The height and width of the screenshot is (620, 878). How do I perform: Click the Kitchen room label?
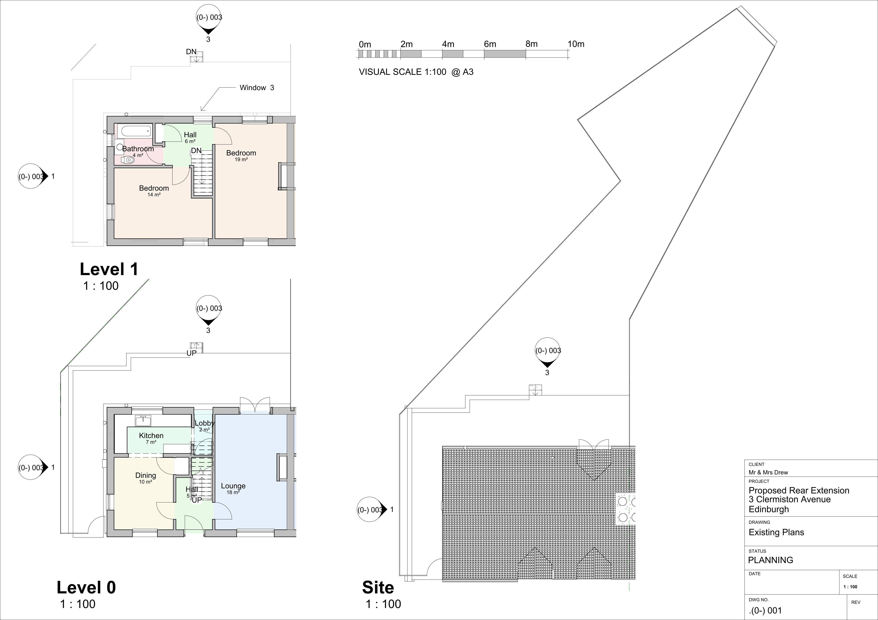click(151, 435)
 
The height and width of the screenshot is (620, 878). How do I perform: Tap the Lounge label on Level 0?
click(233, 486)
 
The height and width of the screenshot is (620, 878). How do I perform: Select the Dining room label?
click(146, 476)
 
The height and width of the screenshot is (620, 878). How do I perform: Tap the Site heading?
click(378, 587)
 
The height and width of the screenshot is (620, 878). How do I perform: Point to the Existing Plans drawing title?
click(776, 532)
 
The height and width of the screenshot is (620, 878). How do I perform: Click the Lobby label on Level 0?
click(204, 423)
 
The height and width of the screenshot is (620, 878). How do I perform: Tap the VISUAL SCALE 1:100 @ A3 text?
click(416, 72)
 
